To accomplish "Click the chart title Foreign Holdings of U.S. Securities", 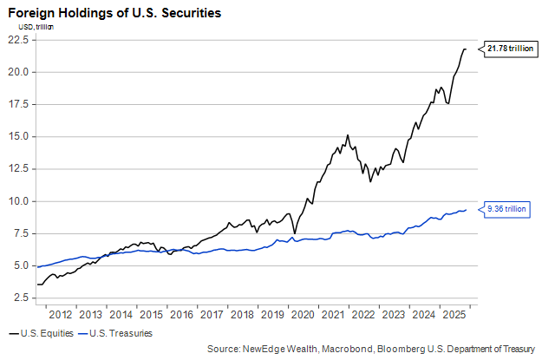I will (x=114, y=14).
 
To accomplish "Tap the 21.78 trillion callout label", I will (x=509, y=49).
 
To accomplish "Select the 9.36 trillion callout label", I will (x=506, y=209).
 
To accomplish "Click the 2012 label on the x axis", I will (x=60, y=315).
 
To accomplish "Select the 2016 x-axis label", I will (x=182, y=315).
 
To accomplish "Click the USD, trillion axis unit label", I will (x=31, y=27).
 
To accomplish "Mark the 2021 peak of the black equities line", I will (x=348, y=136).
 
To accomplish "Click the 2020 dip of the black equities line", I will (x=295, y=232).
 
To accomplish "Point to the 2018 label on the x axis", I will (x=243, y=315).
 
